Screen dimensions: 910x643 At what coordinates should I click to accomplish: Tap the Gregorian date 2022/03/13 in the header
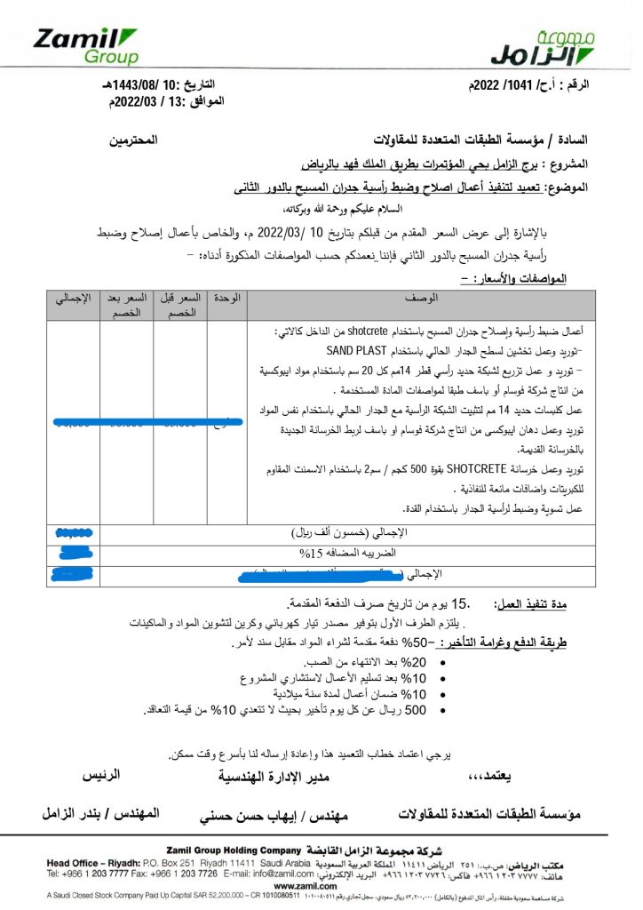[x=168, y=100]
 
